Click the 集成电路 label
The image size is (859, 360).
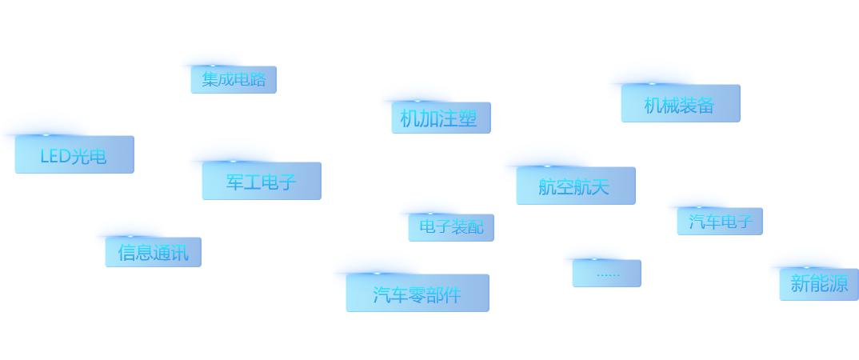(234, 80)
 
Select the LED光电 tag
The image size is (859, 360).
(74, 155)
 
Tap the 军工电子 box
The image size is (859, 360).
(262, 182)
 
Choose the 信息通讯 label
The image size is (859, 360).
(153, 253)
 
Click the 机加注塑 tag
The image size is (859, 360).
(440, 118)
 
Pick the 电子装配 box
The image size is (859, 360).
(451, 228)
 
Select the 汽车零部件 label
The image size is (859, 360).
(417, 294)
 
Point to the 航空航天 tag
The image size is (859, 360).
(575, 186)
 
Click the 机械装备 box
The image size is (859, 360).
(680, 104)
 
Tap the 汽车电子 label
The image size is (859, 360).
(720, 222)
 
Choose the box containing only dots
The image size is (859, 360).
(606, 274)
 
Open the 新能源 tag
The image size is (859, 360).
(819, 284)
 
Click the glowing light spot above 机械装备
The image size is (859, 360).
(652, 83)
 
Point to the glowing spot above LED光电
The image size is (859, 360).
(46, 134)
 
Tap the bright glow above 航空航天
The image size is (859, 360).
(547, 166)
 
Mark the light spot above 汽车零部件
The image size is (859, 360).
(377, 273)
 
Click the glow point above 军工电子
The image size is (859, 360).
(233, 161)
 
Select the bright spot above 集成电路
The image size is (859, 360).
(213, 66)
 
